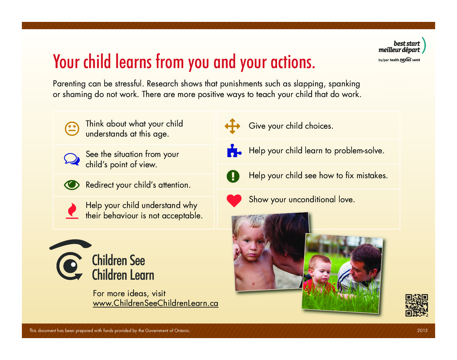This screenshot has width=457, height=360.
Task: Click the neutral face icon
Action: [x=72, y=129]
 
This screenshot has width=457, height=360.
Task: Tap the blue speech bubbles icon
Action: [x=72, y=159]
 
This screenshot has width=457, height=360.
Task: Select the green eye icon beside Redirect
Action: [x=72, y=185]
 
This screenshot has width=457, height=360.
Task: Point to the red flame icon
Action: [x=72, y=211]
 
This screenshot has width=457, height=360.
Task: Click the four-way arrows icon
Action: [x=232, y=126]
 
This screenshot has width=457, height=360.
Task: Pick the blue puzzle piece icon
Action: [x=234, y=151]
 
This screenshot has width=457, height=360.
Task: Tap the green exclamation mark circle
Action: [x=233, y=176]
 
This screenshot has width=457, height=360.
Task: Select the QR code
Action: [x=417, y=305]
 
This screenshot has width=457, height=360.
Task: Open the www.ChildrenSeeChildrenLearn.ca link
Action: [x=156, y=303]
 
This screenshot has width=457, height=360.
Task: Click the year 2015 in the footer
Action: [x=422, y=331]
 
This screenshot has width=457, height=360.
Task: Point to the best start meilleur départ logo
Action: [x=402, y=50]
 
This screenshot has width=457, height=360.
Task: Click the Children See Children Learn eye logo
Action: [x=70, y=260]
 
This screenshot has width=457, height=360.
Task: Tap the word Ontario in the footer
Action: [x=182, y=331]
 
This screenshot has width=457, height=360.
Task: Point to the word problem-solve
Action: [x=359, y=151]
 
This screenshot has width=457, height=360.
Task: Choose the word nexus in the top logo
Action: [x=406, y=60]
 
